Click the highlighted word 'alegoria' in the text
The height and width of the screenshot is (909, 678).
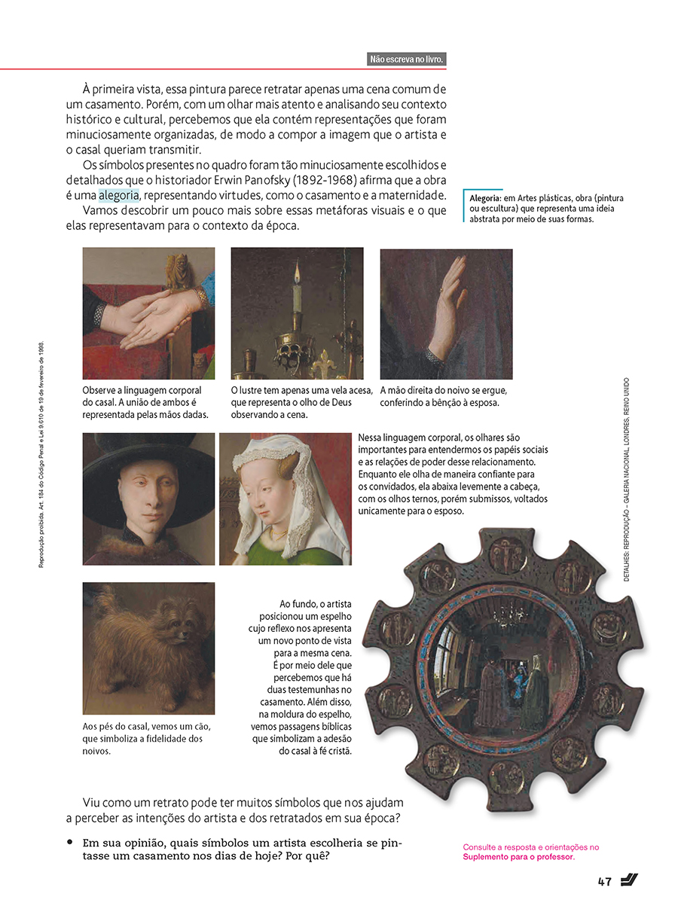(x=118, y=196)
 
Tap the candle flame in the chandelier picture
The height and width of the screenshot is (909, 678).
(x=297, y=270)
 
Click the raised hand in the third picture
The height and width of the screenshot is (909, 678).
(x=450, y=301)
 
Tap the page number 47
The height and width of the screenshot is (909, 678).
(x=604, y=882)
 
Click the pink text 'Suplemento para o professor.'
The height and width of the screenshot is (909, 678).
(x=518, y=857)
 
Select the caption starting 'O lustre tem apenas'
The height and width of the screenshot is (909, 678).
(x=301, y=402)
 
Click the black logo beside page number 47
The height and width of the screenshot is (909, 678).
(x=631, y=880)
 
